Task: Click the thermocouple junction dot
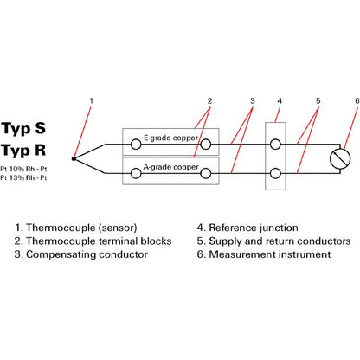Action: [x=74, y=158]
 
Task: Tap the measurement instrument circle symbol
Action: [x=340, y=158]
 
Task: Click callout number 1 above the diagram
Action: [x=92, y=101]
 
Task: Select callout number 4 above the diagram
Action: [x=280, y=101]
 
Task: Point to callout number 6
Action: [x=357, y=101]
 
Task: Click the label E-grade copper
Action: [x=170, y=138]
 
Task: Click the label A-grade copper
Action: [x=170, y=167]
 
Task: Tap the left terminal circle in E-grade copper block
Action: [x=136, y=145]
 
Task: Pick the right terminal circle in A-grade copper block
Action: [x=206, y=174]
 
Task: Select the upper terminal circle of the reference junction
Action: [x=275, y=145]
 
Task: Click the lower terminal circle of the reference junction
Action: [x=275, y=174]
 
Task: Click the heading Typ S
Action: [x=23, y=129]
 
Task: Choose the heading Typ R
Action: [x=23, y=151]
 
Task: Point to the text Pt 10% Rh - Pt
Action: [x=23, y=169]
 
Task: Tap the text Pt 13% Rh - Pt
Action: [x=23, y=177]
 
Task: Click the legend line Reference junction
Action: [x=247, y=228]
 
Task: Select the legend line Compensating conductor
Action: [x=81, y=254]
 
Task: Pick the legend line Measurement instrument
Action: [x=264, y=254]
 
